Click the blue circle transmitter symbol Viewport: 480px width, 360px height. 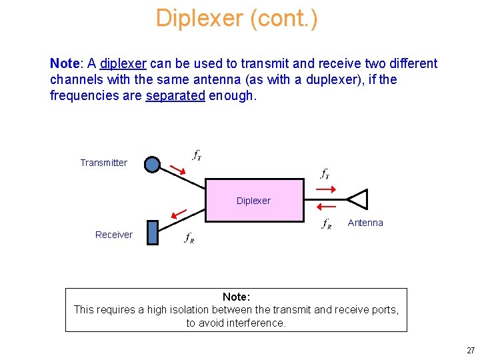153,164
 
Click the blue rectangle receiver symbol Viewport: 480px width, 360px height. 153,233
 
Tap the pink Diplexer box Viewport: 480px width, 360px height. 254,200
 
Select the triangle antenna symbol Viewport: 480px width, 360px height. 357,199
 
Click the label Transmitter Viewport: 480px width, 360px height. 103,163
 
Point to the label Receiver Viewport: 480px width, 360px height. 113,235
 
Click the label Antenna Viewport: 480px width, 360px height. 365,223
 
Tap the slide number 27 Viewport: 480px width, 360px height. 471,350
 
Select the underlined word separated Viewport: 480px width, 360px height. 175,95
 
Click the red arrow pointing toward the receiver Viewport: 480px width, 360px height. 178,213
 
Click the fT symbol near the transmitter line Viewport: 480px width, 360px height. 197,155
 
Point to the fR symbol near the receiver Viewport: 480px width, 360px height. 189,238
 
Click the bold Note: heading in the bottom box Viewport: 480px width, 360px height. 236,297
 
